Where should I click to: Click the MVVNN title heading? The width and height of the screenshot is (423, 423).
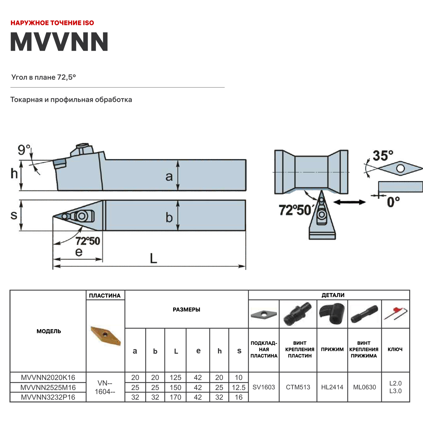tap(59, 42)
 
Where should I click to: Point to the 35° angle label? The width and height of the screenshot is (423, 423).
tap(383, 156)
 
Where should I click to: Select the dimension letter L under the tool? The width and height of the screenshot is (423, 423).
tap(153, 258)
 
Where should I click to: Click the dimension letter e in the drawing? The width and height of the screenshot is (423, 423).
tap(79, 252)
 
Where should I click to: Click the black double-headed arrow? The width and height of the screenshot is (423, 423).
tap(349, 202)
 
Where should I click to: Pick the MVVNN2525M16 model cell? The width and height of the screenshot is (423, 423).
tap(48, 387)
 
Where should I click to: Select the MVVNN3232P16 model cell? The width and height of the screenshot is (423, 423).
tap(48, 397)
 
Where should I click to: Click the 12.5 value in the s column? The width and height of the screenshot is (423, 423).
tap(239, 387)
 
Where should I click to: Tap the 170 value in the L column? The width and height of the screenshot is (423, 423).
tap(175, 397)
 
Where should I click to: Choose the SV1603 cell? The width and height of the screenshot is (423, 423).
tap(264, 387)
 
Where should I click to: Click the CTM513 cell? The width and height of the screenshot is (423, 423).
tap(298, 387)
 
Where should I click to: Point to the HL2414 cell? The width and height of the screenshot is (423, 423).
tap(332, 387)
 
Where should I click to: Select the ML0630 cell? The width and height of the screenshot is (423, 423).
tap(365, 387)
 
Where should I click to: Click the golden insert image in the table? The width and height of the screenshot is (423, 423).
tap(106, 335)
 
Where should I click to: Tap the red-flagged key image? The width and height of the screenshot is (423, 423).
tap(395, 314)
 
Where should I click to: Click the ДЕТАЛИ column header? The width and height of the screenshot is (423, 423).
tap(333, 295)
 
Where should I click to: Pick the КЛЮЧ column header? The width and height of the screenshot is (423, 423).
tap(395, 349)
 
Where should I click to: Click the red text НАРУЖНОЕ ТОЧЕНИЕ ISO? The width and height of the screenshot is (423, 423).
tap(52, 23)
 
